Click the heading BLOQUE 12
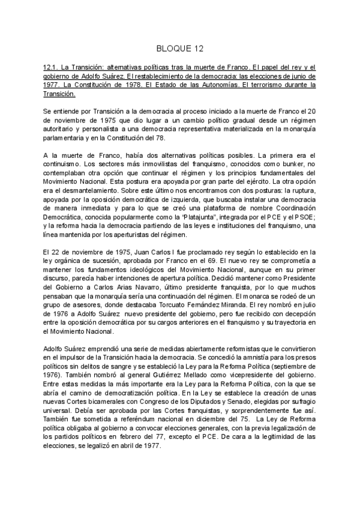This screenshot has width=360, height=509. point(179,47)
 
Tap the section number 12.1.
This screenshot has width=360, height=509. point(52,68)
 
